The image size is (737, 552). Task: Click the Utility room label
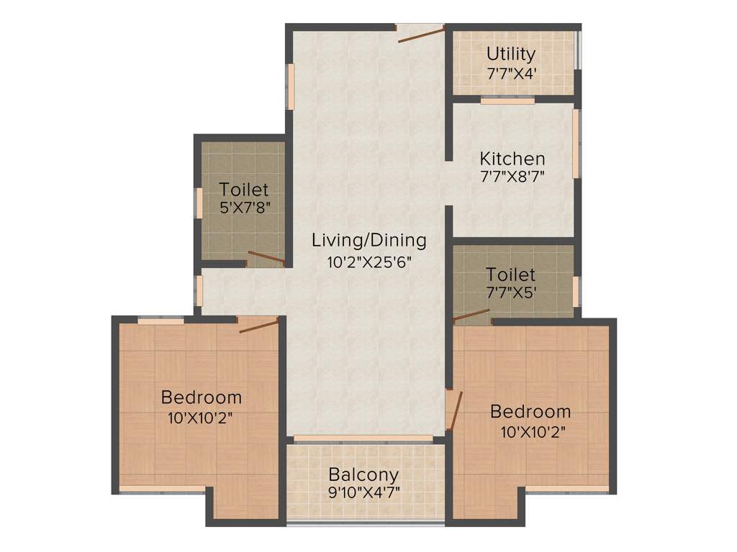tap(511, 54)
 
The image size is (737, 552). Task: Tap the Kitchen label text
tap(512, 158)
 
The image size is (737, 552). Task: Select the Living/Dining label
tap(368, 240)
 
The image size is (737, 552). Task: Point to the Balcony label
tap(363, 475)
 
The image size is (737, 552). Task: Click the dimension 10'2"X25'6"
tap(368, 262)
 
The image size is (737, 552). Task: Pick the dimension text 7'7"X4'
tap(511, 73)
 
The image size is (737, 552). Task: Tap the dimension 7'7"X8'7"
tap(512, 177)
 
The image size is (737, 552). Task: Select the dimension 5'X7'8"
tap(244, 209)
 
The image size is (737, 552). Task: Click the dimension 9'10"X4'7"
tap(363, 493)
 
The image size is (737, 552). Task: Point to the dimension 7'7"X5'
tap(510, 293)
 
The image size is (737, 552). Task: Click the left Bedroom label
tap(202, 397)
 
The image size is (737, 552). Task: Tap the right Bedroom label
tap(530, 412)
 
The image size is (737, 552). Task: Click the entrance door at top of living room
tap(420, 33)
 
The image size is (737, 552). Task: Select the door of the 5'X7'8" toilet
tap(266, 257)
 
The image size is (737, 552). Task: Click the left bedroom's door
tap(258, 326)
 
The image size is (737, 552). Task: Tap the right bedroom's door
tap(453, 410)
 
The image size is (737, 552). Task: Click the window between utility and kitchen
tap(507, 101)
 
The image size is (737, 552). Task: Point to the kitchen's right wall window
tap(576, 143)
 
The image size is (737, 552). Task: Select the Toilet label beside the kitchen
tap(510, 275)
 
